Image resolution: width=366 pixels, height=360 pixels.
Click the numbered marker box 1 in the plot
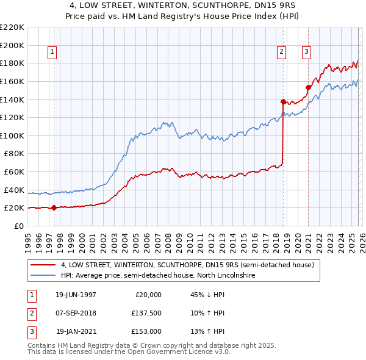click(53, 52)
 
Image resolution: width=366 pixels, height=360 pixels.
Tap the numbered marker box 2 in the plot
click(282, 52)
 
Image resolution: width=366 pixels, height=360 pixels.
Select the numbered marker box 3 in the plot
click(306, 52)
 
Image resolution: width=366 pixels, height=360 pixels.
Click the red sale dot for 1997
click(54, 207)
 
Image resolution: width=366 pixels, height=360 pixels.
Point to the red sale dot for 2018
click(283, 101)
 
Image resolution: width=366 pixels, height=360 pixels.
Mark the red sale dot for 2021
click(308, 87)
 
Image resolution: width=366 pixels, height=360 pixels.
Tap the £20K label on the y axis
click(14, 208)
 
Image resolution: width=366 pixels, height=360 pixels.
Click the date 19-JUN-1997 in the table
click(76, 295)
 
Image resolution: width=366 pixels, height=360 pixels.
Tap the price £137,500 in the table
click(146, 313)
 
